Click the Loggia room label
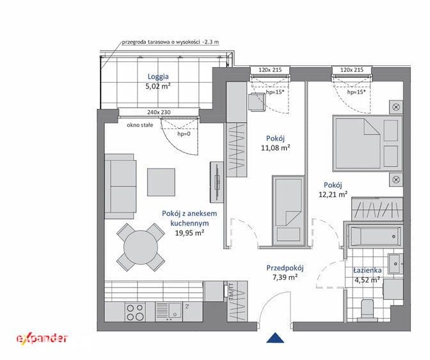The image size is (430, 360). point(158,77)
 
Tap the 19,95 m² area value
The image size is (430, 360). point(189,233)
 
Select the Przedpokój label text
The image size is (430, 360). point(285,268)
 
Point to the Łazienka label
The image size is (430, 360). point(367,270)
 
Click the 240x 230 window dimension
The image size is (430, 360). point(159,112)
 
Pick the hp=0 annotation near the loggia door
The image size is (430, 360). point(184,134)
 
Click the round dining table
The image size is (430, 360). point(141,247)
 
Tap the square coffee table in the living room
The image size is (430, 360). point(161,183)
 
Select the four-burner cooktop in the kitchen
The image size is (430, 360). point(135,312)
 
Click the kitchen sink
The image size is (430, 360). point(169,312)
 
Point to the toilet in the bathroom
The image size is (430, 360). point(367,311)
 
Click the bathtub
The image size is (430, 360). point(375,236)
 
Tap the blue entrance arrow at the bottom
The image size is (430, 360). point(275,338)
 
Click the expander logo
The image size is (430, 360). point(42,338)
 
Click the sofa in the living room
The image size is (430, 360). point(121,186)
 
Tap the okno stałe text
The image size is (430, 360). point(140,125)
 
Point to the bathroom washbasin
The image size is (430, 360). point(395,264)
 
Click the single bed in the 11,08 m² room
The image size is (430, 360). point(288,210)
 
